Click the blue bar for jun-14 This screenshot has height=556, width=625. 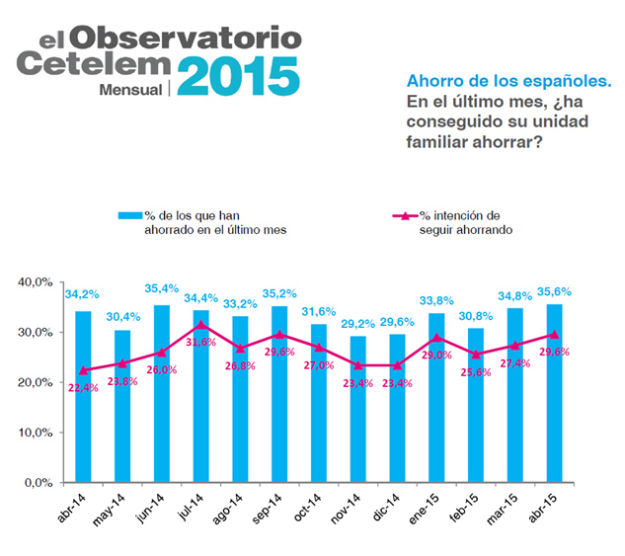point(162,394)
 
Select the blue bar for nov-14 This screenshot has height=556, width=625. point(358,409)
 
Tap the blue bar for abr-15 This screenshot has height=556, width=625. point(555,393)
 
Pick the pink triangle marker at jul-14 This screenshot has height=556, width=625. point(200,325)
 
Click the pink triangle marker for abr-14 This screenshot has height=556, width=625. point(83,370)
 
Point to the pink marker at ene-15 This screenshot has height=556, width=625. point(436,338)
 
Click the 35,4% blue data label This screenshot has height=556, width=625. point(161,288)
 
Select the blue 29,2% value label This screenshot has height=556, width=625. point(357,324)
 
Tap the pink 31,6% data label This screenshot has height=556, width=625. point(200,342)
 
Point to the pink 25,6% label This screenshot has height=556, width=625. point(476,372)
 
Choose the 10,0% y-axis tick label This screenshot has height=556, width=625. point(36,433)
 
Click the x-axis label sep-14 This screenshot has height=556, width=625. point(267,509)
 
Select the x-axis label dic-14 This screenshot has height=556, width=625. point(386,508)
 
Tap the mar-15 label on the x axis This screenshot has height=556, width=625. point(502,510)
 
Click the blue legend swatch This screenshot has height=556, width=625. point(130,215)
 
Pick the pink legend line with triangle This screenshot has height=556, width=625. point(405,216)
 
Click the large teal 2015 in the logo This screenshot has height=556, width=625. point(238,76)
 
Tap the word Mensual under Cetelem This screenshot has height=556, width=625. point(130,90)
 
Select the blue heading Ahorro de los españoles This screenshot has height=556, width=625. point(509,81)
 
